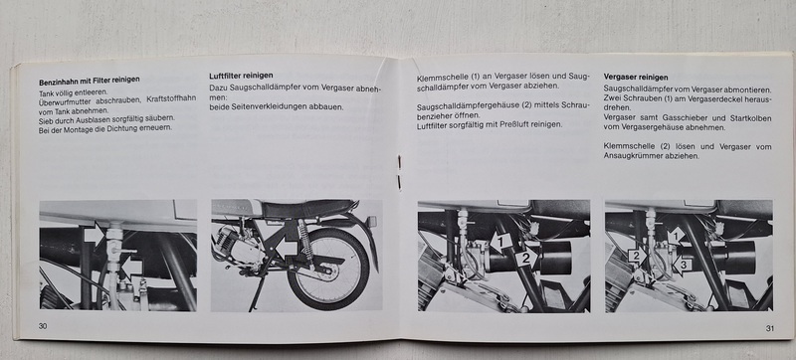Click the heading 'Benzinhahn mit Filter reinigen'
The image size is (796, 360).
pyautogui.click(x=90, y=81)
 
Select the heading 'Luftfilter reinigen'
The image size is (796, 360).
pyautogui.click(x=241, y=76)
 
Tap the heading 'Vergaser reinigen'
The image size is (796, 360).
pyautogui.click(x=636, y=77)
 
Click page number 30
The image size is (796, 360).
pyautogui.click(x=43, y=326)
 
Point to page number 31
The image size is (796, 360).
pyautogui.click(x=769, y=328)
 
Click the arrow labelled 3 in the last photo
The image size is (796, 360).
pyautogui.click(x=682, y=265)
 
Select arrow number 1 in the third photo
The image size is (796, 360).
pyautogui.click(x=501, y=242)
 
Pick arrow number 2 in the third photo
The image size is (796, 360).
pyautogui.click(x=526, y=259)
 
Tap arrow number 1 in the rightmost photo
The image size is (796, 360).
pyautogui.click(x=676, y=236)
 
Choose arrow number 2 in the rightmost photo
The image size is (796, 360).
pyautogui.click(x=637, y=255)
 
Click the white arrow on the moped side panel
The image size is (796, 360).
pyautogui.click(x=286, y=249)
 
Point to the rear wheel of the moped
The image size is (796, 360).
pyautogui.click(x=328, y=270)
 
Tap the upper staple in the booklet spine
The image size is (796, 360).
pyautogui.click(x=399, y=161)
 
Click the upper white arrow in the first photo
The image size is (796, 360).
pyautogui.click(x=94, y=235)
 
